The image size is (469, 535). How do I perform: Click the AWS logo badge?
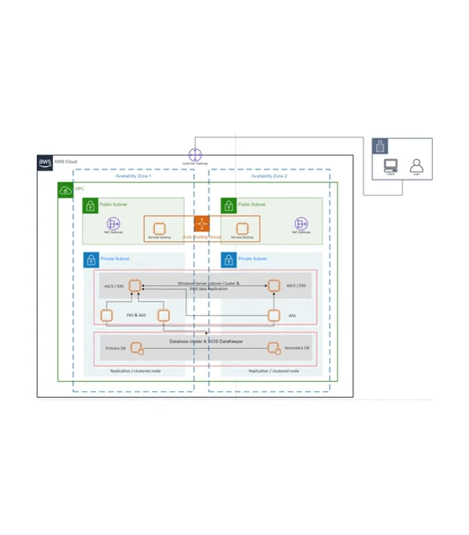pyautogui.click(x=45, y=163)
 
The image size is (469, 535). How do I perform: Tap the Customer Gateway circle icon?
pyautogui.click(x=194, y=155)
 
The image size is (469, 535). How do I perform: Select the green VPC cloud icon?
pyautogui.click(x=66, y=190)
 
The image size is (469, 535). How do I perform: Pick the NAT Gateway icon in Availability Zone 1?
pyautogui.click(x=113, y=225)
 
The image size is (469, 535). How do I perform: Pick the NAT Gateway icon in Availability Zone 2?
pyautogui.click(x=299, y=225)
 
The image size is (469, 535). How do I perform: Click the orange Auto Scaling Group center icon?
pyautogui.click(x=202, y=224)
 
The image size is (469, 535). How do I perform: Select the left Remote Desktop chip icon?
pyautogui.click(x=159, y=227)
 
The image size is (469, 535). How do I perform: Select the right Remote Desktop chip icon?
pyautogui.click(x=242, y=227)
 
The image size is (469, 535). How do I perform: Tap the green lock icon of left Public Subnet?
pyautogui.click(x=90, y=205)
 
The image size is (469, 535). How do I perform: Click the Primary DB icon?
pyautogui.click(x=137, y=348)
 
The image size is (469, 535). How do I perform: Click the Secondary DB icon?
pyautogui.click(x=273, y=348)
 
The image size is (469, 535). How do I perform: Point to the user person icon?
pyautogui.click(x=416, y=165)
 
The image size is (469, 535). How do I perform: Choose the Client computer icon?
pyautogui.click(x=390, y=165)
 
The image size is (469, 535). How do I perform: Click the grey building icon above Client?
pyautogui.click(x=380, y=146)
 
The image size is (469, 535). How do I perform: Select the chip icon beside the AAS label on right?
pyautogui.click(x=273, y=315)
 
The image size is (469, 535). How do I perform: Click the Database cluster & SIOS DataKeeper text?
pyautogui.click(x=206, y=342)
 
